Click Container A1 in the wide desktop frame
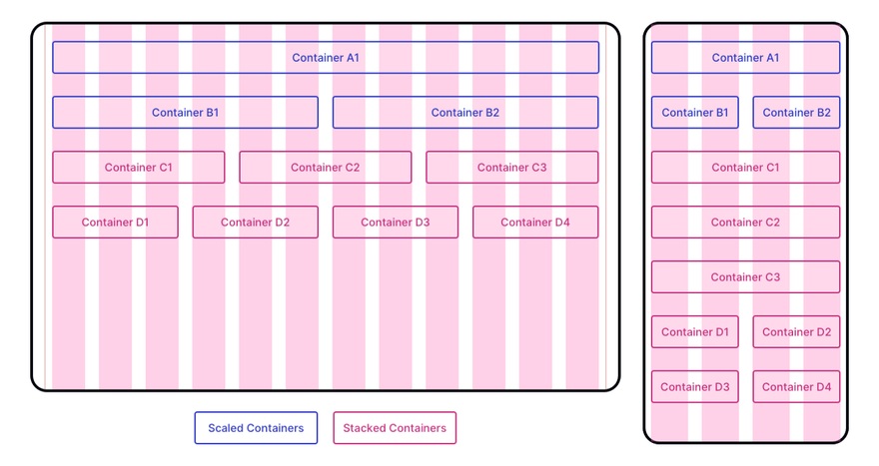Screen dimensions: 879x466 point(326,57)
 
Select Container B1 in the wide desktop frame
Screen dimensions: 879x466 point(185,112)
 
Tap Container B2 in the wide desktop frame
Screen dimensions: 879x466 point(465,112)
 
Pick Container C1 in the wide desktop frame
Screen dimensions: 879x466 point(139,167)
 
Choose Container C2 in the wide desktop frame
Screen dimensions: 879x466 point(326,167)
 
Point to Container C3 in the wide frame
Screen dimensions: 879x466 point(511,167)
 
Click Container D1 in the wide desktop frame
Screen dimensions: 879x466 point(115,222)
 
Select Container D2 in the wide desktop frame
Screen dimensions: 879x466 point(255,222)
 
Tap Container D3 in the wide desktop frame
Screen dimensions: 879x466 point(396,222)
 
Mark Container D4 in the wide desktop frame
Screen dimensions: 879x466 point(535,222)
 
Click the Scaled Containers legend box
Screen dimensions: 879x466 point(256,428)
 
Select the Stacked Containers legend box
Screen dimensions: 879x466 point(395,428)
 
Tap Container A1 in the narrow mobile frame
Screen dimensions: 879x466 point(745,57)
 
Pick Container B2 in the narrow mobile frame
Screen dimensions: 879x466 point(796,112)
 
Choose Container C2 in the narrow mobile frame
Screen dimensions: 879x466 point(745,222)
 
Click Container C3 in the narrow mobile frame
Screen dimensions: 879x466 point(745,276)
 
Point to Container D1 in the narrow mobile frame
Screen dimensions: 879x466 point(694,331)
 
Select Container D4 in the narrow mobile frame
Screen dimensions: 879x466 point(796,386)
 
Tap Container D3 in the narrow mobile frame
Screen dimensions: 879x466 point(694,386)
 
